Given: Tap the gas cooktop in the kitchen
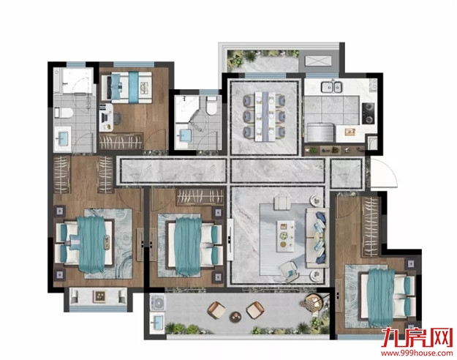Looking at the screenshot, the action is click(x=369, y=113).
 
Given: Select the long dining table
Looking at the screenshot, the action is click(x=265, y=116).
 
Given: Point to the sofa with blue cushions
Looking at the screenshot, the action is click(x=317, y=238).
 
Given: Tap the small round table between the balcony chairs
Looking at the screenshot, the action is click(x=235, y=317).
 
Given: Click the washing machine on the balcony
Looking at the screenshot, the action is click(x=158, y=302).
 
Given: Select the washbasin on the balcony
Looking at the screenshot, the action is click(x=157, y=323).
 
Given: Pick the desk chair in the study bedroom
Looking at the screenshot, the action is click(x=118, y=118).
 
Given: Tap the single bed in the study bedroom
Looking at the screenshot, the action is click(x=126, y=88).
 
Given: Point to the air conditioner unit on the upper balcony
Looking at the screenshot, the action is click(x=318, y=61).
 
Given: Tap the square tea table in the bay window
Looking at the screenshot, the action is click(x=99, y=296).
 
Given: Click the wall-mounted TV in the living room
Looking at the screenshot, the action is click(x=230, y=239).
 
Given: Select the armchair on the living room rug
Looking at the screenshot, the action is click(x=289, y=271).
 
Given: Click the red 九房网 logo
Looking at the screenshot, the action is click(x=417, y=338).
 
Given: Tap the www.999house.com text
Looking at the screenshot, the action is click(x=417, y=353).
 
